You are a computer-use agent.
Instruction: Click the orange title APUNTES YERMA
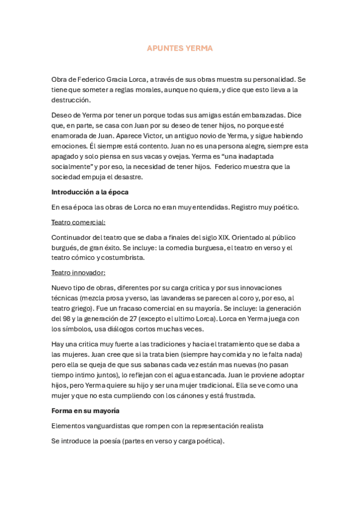pyautogui.click(x=180, y=48)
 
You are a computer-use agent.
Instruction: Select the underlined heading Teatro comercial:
pyautogui.click(x=78, y=222)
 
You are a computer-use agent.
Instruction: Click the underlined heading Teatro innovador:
pyautogui.click(x=78, y=272)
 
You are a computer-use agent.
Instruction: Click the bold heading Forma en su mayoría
pyautogui.click(x=85, y=411)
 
